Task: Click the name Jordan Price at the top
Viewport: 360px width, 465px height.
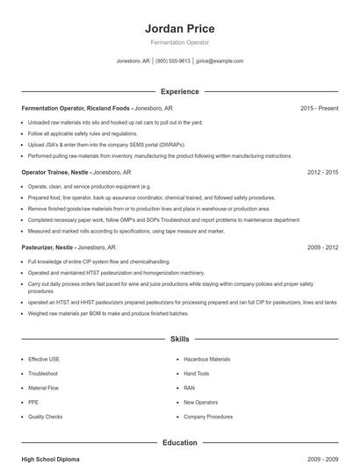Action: pyautogui.click(x=179, y=28)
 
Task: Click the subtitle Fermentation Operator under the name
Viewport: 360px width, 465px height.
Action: pyautogui.click(x=179, y=43)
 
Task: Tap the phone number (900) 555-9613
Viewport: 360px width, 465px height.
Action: pyautogui.click(x=173, y=61)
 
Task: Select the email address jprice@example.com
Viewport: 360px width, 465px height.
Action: pyautogui.click(x=220, y=61)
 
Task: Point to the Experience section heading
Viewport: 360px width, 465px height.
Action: pyautogui.click(x=179, y=91)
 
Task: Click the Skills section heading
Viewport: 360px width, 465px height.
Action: pyautogui.click(x=179, y=339)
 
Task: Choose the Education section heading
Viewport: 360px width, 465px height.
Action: pyautogui.click(x=179, y=443)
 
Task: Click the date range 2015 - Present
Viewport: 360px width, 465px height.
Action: pyautogui.click(x=319, y=108)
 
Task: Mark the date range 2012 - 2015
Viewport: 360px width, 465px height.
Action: pyautogui.click(x=322, y=173)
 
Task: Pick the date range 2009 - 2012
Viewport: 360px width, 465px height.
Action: pyautogui.click(x=322, y=247)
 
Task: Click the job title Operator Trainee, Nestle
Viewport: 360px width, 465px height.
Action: pyautogui.click(x=54, y=173)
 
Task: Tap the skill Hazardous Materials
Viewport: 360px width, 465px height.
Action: pyautogui.click(x=207, y=359)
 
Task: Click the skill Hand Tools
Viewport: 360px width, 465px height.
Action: pyautogui.click(x=197, y=374)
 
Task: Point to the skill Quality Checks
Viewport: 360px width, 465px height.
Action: pyautogui.click(x=46, y=417)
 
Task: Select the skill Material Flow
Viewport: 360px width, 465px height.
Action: pyautogui.click(x=44, y=388)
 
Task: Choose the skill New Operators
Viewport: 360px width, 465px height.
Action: pyautogui.click(x=201, y=403)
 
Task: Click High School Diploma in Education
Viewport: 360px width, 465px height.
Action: pyautogui.click(x=51, y=460)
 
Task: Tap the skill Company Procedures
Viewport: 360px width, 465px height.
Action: pyautogui.click(x=208, y=417)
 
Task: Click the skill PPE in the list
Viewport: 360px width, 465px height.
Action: pyautogui.click(x=33, y=403)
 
